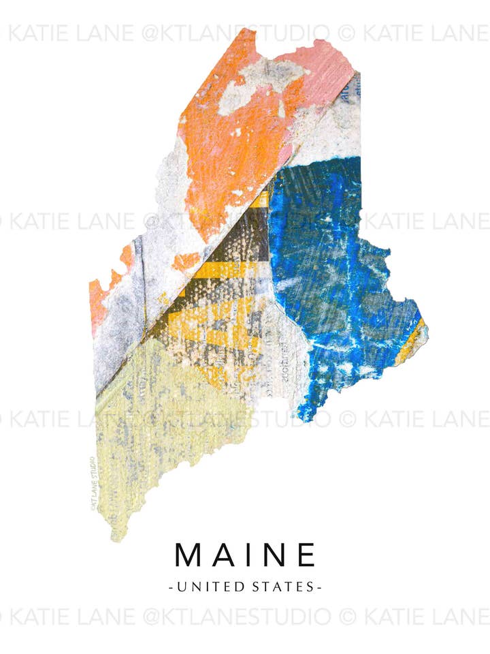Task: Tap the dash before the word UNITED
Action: click(x=170, y=586)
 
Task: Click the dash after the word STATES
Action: click(x=319, y=586)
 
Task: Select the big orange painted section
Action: click(x=231, y=150)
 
